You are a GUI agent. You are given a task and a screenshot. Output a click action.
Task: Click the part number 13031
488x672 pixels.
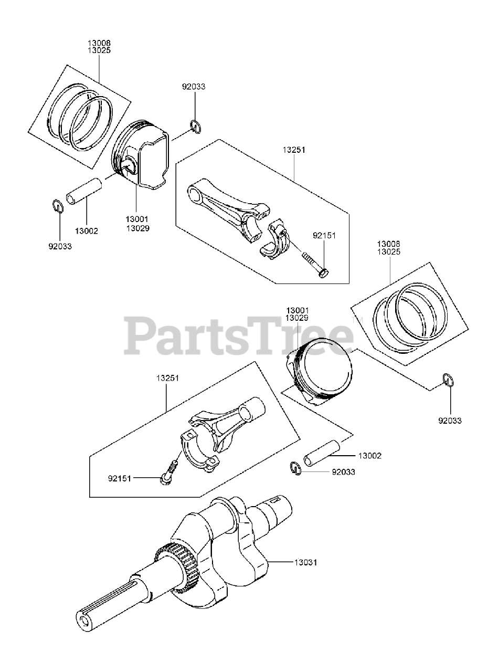[306, 562]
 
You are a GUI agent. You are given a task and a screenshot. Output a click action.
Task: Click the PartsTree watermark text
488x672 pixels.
[239, 334]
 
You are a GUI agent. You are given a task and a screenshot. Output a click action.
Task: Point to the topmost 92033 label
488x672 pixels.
[194, 87]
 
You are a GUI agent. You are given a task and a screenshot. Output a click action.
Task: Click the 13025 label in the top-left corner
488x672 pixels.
[99, 50]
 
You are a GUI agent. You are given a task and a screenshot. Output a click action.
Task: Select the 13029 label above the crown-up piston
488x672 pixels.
[296, 318]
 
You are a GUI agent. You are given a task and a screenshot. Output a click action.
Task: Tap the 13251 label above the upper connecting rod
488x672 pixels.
[294, 150]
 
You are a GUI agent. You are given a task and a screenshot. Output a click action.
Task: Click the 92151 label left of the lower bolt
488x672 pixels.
[120, 478]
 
